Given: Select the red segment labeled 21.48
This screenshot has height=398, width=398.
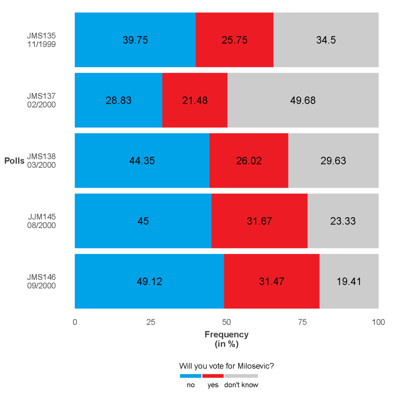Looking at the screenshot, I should point(195,113).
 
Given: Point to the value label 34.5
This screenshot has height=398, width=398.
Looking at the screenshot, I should point(326,40).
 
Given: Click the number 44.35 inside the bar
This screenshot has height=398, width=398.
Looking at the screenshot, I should point(142,161).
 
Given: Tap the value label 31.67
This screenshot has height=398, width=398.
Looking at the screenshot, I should point(259,221).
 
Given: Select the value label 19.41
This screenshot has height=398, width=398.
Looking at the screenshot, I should point(349,281).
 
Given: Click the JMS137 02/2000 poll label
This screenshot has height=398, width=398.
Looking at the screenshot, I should point(41,100).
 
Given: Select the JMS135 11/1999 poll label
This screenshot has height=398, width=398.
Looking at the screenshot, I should point(41,40).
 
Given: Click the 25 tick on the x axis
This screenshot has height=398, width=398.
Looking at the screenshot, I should point(151,322).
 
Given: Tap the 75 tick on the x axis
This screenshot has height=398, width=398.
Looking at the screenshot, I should point(302,322).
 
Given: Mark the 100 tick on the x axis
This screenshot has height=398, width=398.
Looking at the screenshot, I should point(378,322).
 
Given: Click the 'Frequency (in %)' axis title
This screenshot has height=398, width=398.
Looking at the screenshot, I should point(226,339).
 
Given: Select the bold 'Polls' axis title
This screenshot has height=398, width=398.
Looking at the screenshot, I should point(14,161).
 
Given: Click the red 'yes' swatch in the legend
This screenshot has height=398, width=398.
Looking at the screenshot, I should point(213,376).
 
